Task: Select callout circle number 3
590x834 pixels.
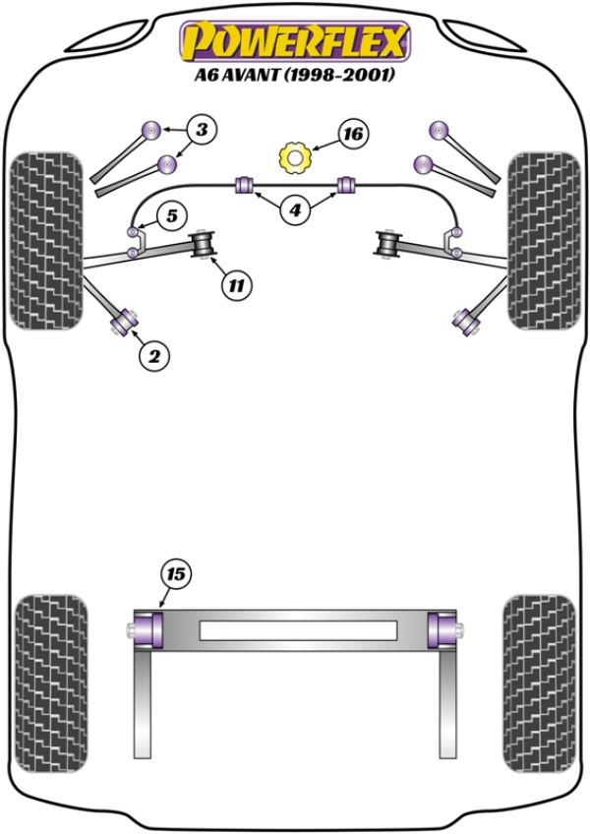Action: click(201, 129)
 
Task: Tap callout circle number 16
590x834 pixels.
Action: click(354, 134)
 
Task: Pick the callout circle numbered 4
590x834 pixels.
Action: click(294, 208)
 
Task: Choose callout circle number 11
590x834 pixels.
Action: click(235, 286)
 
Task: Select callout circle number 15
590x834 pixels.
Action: click(177, 572)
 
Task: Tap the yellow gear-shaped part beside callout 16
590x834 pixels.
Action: click(294, 156)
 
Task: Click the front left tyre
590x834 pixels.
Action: click(45, 240)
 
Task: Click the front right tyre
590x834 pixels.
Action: click(543, 240)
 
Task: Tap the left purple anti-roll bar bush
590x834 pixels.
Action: click(245, 184)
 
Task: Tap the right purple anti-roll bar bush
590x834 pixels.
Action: click(345, 184)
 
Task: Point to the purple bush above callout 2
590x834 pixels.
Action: click(126, 318)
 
